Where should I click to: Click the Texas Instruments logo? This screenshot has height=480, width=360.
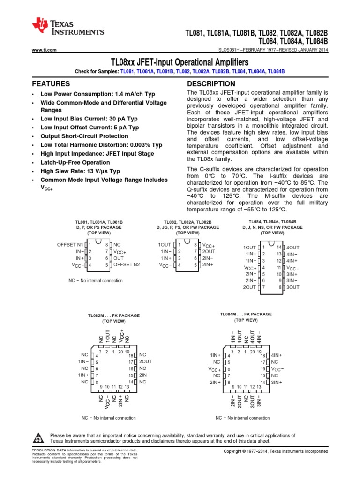tap(68, 30)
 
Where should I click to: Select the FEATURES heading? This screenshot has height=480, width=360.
tap(51, 84)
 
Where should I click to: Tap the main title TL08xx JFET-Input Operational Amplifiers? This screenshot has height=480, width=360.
tap(180, 62)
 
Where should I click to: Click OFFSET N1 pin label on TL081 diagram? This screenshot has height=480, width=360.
tap(70, 244)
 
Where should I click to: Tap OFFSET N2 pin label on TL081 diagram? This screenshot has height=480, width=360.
tap(127, 265)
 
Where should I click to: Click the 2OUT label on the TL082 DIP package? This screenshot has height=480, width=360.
tap(209, 251)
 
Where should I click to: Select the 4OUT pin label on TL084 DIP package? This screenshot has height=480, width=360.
tap(292, 247)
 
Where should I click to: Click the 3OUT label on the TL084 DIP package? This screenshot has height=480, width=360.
tap(292, 287)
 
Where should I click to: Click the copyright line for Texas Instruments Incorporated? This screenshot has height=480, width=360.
tap(276, 451)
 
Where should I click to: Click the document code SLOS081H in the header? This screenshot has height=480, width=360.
tap(231, 50)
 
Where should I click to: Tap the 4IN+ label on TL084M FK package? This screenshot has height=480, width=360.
tap(277, 355)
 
